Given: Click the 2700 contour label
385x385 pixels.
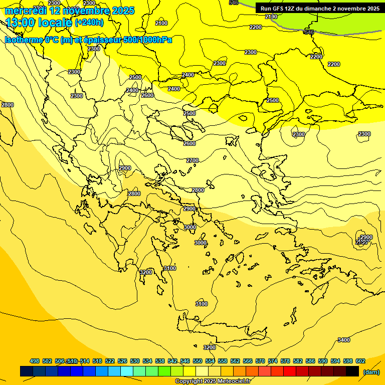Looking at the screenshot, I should (192, 160).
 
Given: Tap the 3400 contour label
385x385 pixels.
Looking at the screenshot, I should (344, 340).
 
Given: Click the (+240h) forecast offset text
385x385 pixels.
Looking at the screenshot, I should (89, 23).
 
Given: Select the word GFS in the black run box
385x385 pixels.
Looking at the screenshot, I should (278, 9).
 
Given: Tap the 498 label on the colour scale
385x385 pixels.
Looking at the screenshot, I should (35, 361).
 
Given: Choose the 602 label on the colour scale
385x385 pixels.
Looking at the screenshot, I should (360, 361).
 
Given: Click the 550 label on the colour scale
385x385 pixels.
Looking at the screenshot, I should (198, 361).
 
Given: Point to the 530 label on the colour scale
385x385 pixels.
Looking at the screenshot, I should (135, 361).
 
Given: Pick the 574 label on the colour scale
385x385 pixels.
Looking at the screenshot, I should (273, 361).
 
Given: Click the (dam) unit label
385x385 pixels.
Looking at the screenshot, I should (371, 371).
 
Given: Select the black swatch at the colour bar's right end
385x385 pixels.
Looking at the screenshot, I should (352, 371).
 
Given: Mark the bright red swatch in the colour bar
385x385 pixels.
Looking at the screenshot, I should (290, 371).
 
